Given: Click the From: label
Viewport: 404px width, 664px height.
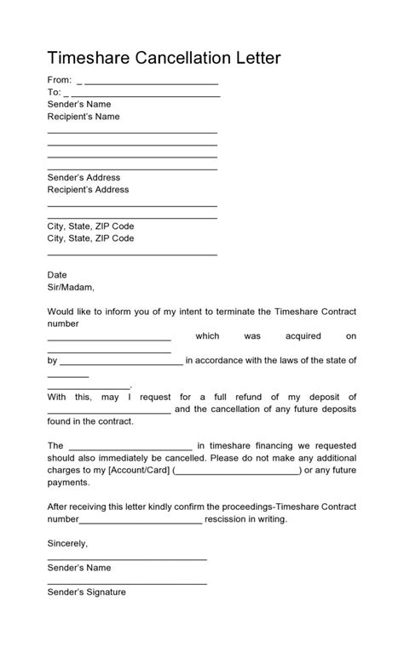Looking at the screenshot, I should tap(59, 80).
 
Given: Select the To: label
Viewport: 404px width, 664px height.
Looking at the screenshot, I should tap(54, 92).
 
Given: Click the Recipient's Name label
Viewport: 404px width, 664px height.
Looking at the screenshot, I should tap(84, 117).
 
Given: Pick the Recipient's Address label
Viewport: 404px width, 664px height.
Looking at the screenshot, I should tap(89, 190).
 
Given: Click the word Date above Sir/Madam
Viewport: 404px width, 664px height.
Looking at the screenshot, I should tap(56, 275).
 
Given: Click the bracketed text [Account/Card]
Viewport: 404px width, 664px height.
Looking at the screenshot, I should tap(139, 470).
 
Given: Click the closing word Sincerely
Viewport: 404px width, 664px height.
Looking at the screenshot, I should tap(67, 542).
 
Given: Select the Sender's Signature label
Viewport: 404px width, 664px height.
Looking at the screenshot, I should tap(87, 592).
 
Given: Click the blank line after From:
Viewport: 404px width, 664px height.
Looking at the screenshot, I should tap(152, 83).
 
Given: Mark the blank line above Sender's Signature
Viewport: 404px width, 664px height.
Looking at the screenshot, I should tap(127, 583).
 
